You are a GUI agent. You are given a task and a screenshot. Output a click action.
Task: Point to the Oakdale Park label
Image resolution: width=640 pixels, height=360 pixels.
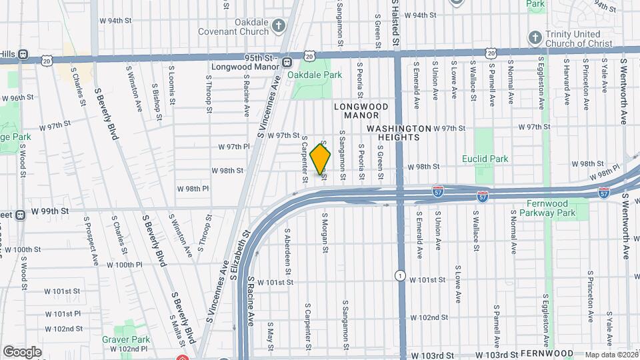click(x=314, y=75)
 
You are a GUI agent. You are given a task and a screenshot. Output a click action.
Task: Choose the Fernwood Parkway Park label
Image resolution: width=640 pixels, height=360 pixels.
click(x=549, y=207)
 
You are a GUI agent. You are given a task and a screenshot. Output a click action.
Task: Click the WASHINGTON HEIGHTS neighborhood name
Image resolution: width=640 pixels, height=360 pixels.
click(x=397, y=132)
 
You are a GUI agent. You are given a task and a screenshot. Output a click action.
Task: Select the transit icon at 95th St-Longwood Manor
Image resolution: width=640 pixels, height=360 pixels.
click(x=287, y=62)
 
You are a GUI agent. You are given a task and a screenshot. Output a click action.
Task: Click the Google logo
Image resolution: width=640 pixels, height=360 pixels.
click(x=22, y=351)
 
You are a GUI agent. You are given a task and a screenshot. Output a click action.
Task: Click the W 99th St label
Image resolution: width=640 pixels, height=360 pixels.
click(x=50, y=211)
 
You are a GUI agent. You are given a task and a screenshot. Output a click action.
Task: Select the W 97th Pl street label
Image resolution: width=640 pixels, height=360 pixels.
click(x=233, y=146)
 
